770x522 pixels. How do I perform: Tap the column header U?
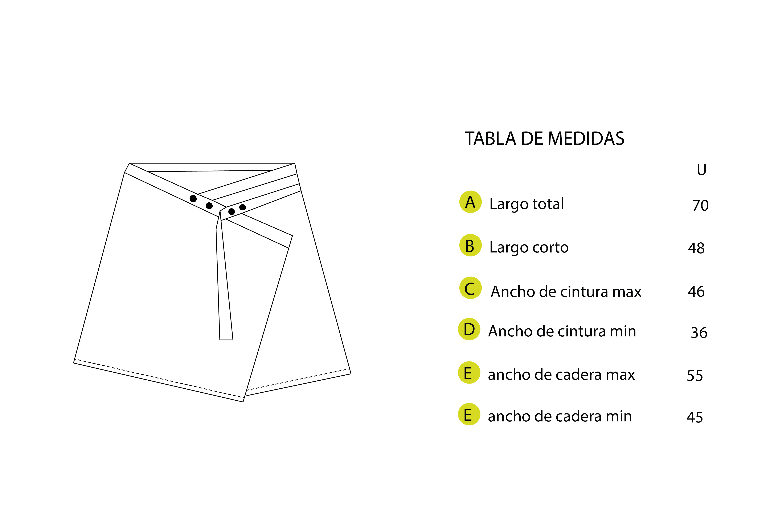tap(701, 170)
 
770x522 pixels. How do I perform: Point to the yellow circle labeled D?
tap(469, 329)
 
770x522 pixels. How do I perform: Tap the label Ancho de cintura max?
tap(566, 292)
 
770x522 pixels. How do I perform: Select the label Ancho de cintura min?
tap(562, 331)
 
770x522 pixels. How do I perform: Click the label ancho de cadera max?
tap(561, 375)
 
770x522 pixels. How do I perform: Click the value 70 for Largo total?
tap(700, 206)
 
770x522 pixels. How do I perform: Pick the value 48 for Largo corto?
tap(696, 248)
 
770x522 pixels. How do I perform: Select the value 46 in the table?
tap(696, 292)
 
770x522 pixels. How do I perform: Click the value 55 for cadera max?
tap(695, 376)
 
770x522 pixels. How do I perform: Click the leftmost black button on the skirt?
tap(193, 199)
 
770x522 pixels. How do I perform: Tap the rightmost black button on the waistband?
tap(242, 207)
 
